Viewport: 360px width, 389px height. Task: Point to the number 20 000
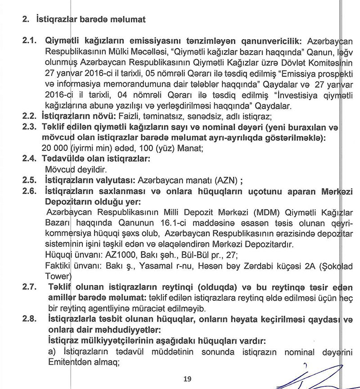pos(57,149)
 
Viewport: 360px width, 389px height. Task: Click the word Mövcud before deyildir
pos(59,170)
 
